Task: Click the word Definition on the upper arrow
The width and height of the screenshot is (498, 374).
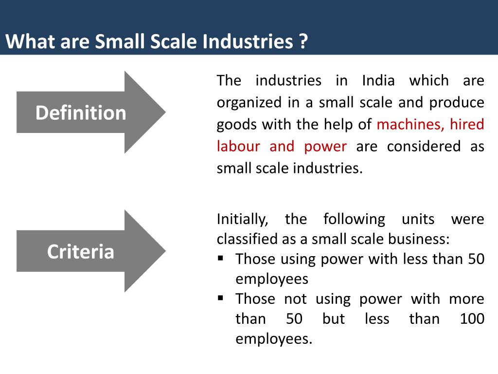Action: [x=81, y=113]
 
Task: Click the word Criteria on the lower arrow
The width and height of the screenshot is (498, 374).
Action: [x=81, y=252]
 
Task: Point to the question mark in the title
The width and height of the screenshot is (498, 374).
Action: [x=303, y=42]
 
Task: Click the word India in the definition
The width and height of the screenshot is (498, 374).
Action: [x=378, y=80]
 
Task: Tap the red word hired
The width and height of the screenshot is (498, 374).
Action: [x=467, y=125]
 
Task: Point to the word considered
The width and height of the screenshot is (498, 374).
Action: [x=424, y=147]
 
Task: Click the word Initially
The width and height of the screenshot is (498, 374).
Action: [x=242, y=220]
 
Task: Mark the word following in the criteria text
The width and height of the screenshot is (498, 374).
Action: [x=354, y=220]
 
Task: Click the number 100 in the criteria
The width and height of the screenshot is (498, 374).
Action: [x=472, y=319]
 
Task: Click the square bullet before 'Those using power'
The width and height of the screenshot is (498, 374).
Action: [x=221, y=257]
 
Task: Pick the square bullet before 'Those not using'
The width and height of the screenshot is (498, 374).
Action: [x=221, y=297]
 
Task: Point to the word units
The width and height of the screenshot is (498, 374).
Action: [x=418, y=220]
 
